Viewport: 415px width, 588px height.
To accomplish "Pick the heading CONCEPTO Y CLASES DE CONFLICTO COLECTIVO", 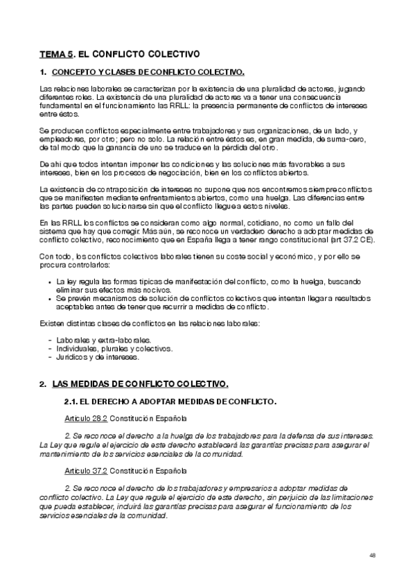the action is click(x=148, y=72).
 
